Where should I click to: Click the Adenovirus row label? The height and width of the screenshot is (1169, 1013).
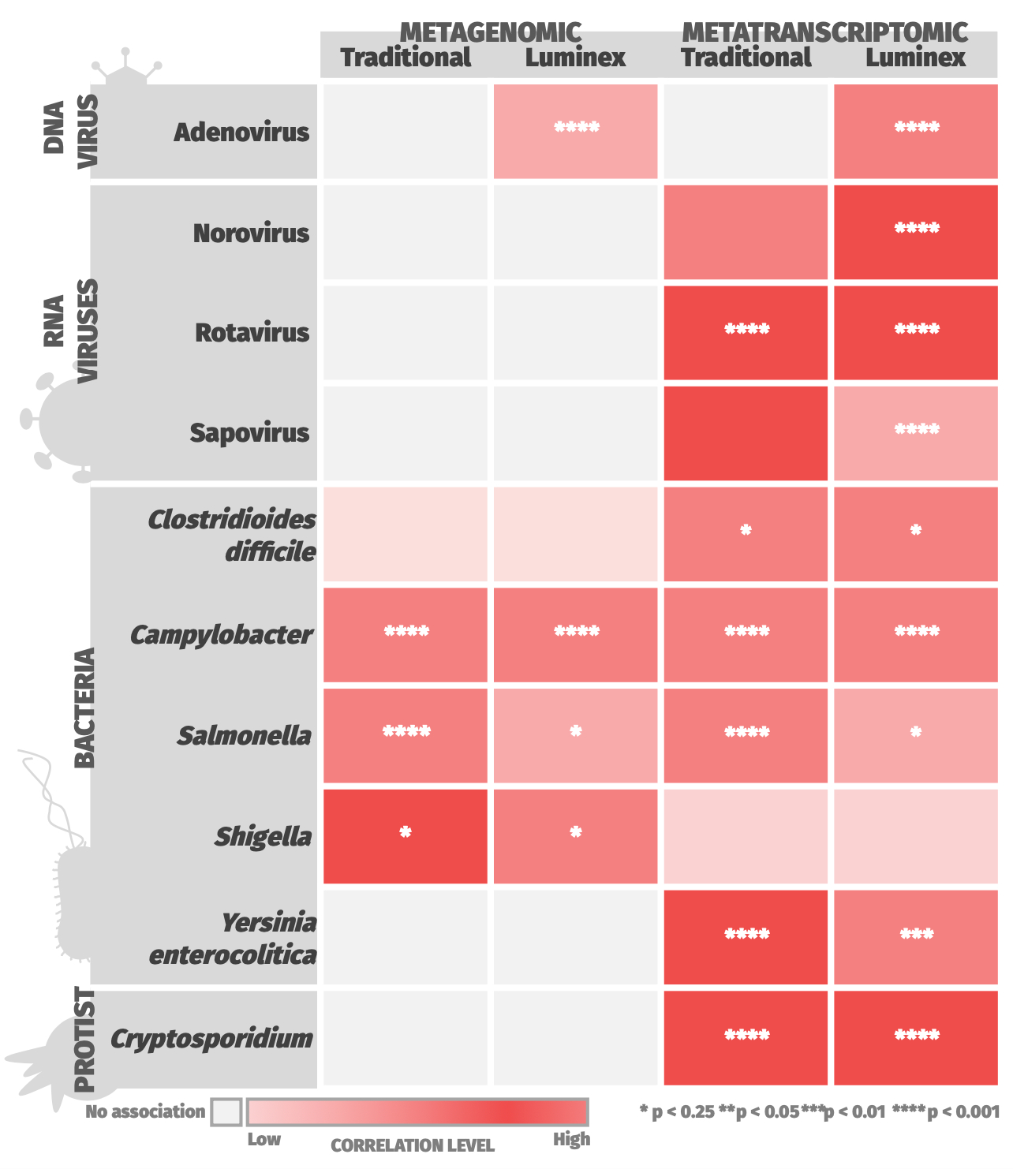tap(241, 132)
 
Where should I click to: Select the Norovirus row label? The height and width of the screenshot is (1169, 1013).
tap(251, 233)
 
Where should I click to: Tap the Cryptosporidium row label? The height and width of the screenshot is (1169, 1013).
tap(211, 1038)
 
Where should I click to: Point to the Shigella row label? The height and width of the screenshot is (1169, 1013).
tap(263, 836)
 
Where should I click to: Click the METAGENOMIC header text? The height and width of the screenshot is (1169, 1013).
tap(490, 32)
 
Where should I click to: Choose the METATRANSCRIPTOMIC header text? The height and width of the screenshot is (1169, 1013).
tap(824, 32)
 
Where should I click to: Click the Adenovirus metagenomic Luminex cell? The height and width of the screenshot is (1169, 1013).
tap(575, 131)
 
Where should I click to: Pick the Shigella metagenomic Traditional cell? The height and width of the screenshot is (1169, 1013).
tap(405, 836)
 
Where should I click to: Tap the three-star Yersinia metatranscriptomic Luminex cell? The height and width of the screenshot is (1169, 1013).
tap(916, 936)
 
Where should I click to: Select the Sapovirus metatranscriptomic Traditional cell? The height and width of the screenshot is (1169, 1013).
tap(746, 433)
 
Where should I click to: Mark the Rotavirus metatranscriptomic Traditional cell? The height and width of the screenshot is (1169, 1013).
tap(746, 332)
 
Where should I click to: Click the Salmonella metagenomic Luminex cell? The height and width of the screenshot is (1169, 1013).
tap(575, 735)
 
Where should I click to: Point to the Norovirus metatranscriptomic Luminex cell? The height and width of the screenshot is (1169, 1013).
tap(916, 232)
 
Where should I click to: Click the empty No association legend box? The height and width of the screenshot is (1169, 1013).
tap(226, 1112)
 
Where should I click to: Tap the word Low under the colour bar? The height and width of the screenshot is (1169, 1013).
tap(264, 1140)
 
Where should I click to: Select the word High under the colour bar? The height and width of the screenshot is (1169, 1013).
tap(571, 1140)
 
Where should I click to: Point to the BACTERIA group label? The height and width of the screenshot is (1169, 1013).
tap(84, 708)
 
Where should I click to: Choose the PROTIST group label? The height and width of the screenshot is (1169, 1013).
tap(84, 1040)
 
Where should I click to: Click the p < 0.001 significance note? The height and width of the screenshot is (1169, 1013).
tap(946, 1112)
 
